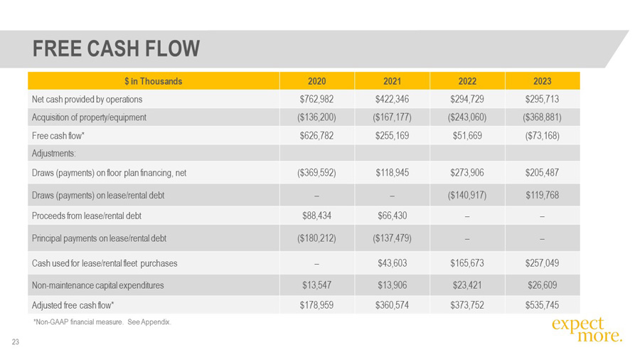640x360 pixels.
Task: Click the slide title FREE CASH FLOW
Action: [117, 48]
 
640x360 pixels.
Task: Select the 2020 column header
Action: [316, 81]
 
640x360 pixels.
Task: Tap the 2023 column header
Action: [542, 81]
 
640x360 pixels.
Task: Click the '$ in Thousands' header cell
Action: [153, 81]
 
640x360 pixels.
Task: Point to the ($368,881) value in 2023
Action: [542, 117]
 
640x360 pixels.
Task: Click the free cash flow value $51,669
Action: [466, 135]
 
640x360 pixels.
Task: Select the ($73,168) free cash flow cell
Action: [542, 135]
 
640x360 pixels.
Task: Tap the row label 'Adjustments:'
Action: [54, 153]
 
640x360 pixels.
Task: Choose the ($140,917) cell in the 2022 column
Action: [466, 195]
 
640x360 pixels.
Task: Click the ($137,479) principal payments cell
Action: [392, 238]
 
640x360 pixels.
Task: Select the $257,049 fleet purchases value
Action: [542, 263]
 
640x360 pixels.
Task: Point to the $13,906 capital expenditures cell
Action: [392, 285]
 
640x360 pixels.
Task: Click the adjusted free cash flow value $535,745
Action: [542, 305]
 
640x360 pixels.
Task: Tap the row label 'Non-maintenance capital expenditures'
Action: [98, 285]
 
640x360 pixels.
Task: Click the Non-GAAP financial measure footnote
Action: [102, 322]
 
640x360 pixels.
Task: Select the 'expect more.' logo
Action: [586, 329]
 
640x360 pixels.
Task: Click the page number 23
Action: [15, 343]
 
